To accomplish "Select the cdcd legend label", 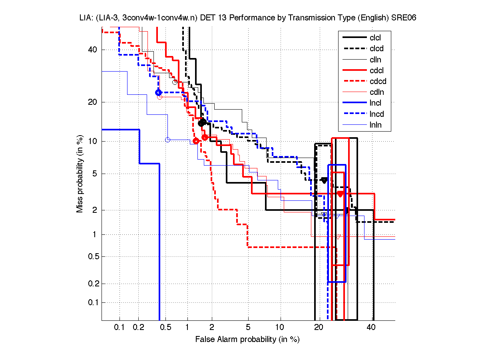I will [378, 82].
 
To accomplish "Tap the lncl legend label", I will [376, 103].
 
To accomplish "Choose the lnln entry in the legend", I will [376, 125].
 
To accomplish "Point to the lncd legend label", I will [377, 114].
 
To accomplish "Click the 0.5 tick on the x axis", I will [166, 328].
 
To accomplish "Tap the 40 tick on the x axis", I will [371, 328].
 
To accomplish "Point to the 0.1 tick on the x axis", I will [120, 328].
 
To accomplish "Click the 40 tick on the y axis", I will [93, 50].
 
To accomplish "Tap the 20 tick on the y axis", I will [93, 102].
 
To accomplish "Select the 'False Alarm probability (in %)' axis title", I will [247, 339].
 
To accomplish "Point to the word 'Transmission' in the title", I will [295, 18].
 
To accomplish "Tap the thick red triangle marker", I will [340, 194].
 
